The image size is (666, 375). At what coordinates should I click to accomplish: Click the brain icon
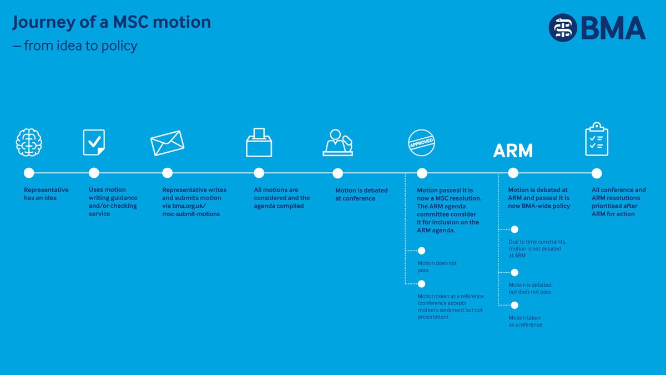click(x=29, y=142)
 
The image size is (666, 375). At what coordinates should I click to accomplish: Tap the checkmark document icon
click(x=94, y=142)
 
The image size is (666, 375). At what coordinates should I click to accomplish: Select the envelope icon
click(x=168, y=143)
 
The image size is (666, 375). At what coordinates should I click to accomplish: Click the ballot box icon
click(x=259, y=142)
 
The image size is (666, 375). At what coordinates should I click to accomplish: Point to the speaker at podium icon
click(x=338, y=143)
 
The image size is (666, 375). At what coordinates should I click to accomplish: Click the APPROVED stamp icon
click(x=422, y=143)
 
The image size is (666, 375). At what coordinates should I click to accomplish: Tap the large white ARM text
click(x=513, y=151)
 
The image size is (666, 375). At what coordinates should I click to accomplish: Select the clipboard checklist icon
click(x=597, y=139)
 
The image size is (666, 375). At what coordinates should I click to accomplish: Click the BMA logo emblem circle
click(x=563, y=28)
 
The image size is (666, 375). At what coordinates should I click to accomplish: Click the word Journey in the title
click(x=44, y=23)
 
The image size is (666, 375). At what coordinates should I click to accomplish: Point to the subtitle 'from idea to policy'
click(x=80, y=46)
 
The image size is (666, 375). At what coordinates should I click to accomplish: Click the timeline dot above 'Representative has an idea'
click(x=29, y=173)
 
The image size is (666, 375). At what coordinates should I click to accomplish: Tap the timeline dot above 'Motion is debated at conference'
click(x=338, y=173)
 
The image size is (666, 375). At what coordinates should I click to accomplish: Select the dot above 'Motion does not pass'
click(x=422, y=251)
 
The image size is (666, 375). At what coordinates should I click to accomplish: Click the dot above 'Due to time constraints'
click(x=514, y=229)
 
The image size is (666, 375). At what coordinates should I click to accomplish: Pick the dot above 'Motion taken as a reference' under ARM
click(x=514, y=305)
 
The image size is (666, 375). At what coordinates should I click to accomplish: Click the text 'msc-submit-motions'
click(x=191, y=214)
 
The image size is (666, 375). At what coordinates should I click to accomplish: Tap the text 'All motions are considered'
click(x=282, y=194)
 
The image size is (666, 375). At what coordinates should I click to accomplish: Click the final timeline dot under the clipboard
click(x=597, y=173)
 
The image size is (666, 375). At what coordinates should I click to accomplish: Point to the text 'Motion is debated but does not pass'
click(x=530, y=288)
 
